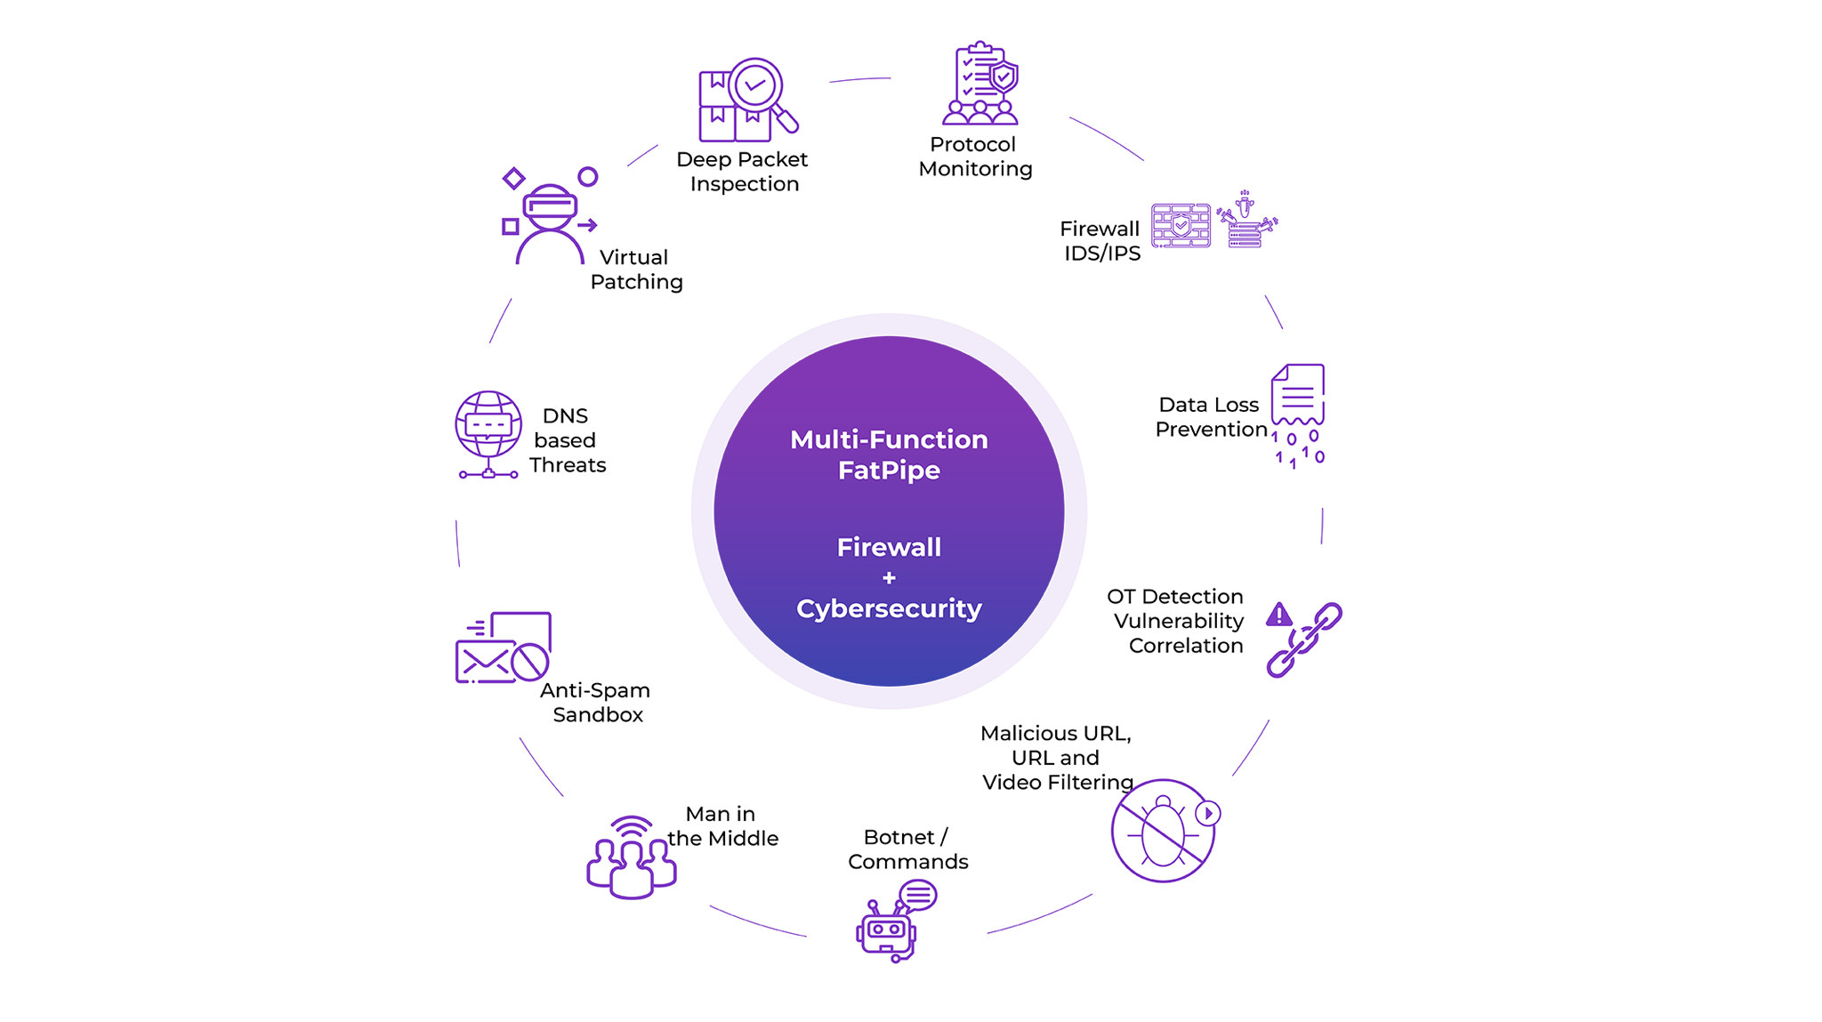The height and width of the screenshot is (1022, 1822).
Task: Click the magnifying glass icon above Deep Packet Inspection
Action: [758, 89]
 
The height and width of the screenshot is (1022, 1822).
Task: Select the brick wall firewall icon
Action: [1181, 226]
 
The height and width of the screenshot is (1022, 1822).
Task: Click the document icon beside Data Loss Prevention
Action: [1298, 394]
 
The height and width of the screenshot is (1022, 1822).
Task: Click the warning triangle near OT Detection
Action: [1278, 614]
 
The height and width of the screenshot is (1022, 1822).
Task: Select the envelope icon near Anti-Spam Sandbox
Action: [485, 661]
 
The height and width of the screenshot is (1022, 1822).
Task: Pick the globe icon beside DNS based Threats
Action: [488, 425]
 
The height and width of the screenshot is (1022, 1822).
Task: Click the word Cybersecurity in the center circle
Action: [889, 608]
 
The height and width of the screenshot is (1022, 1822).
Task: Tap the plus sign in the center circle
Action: [889, 578]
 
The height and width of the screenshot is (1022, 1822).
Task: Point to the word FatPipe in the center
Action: [889, 471]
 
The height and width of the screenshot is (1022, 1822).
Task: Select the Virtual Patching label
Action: [635, 270]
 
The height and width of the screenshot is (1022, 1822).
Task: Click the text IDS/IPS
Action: [1102, 253]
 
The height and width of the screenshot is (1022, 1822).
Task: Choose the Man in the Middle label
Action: [722, 826]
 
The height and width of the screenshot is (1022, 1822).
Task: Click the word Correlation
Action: [1186, 646]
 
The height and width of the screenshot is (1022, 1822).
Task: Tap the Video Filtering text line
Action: [1058, 783]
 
